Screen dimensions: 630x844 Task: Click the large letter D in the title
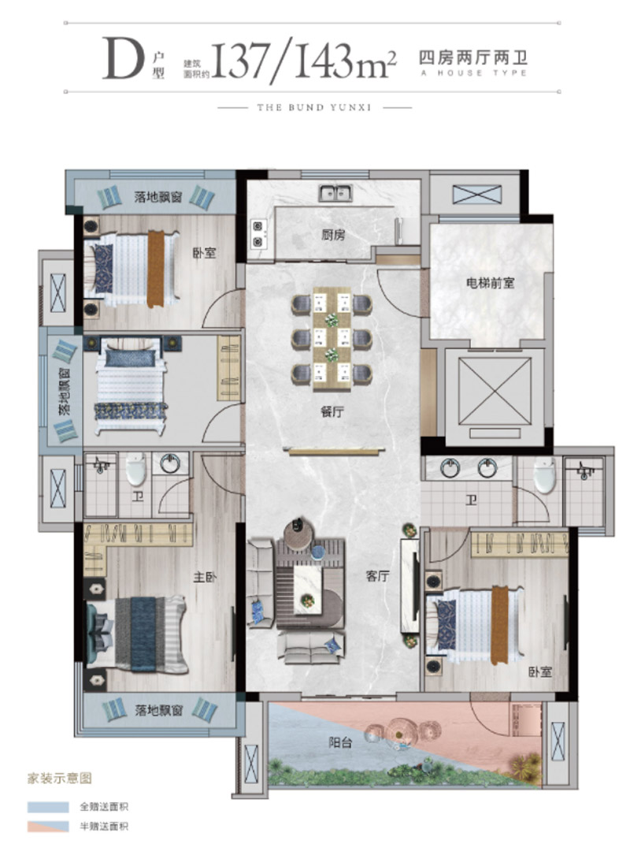point(124,58)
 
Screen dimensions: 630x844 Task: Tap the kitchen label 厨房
point(334,235)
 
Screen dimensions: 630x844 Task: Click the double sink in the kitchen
point(335,193)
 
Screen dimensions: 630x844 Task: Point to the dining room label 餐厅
point(332,412)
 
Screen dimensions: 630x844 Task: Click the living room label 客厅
point(378,576)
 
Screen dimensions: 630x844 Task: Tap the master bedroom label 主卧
point(205,577)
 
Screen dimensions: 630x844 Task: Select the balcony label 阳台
point(340,743)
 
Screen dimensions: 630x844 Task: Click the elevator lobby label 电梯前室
point(490,283)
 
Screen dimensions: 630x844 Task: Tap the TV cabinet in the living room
point(409,586)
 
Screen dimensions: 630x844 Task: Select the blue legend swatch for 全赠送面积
point(48,807)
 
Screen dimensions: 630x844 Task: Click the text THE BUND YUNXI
point(314,107)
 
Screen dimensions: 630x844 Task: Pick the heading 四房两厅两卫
point(473,57)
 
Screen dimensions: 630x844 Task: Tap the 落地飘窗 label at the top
point(159,196)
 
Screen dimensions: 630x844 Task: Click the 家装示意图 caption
point(60,779)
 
